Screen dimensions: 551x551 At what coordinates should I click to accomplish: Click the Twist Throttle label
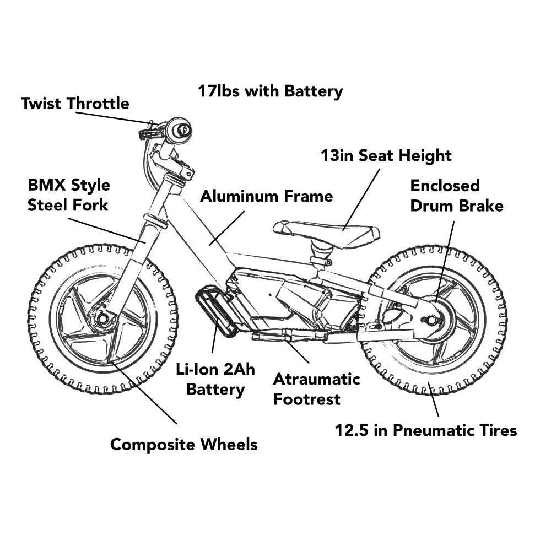(x=75, y=104)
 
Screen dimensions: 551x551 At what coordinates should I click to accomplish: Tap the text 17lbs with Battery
(x=270, y=91)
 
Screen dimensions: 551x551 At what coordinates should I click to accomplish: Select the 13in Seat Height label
(x=386, y=156)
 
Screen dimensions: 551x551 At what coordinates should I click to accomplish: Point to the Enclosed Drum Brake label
(x=456, y=196)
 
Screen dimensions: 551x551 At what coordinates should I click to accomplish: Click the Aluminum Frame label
(x=266, y=196)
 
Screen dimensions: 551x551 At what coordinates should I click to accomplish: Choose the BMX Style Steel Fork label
(x=68, y=195)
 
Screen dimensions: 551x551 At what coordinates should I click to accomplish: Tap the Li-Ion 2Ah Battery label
(x=215, y=379)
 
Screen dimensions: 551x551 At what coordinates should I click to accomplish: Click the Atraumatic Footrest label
(x=316, y=388)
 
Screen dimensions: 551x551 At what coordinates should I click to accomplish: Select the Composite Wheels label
(x=183, y=444)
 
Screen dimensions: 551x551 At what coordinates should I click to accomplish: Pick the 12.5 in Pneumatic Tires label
(x=426, y=430)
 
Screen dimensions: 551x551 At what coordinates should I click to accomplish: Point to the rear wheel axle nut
(x=431, y=320)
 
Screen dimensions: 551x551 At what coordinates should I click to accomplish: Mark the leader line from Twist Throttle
(x=113, y=118)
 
